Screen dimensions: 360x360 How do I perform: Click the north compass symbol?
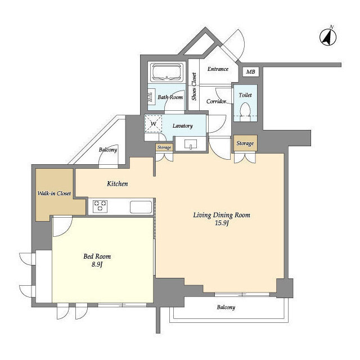click(x=328, y=37)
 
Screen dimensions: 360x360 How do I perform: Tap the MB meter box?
click(x=251, y=71)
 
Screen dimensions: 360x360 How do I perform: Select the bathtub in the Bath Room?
click(x=166, y=72)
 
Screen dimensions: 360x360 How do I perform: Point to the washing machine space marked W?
click(x=154, y=124)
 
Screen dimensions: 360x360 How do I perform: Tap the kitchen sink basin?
click(x=141, y=207)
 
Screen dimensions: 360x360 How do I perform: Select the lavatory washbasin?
click(x=191, y=144)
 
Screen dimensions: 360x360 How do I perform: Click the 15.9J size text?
click(x=222, y=223)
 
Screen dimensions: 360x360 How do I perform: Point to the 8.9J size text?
click(x=97, y=264)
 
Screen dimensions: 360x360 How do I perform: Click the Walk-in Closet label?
click(x=54, y=193)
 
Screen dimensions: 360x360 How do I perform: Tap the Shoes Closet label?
click(x=194, y=86)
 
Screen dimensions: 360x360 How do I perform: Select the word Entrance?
click(x=218, y=69)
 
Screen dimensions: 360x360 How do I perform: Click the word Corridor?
click(x=216, y=101)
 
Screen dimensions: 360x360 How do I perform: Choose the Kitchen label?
click(x=118, y=184)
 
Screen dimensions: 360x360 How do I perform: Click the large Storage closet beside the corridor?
click(x=245, y=143)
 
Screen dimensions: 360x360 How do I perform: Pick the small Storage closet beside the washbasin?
click(x=164, y=147)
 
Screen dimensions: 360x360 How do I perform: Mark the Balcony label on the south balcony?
click(x=226, y=307)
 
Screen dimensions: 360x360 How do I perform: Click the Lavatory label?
click(x=182, y=126)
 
